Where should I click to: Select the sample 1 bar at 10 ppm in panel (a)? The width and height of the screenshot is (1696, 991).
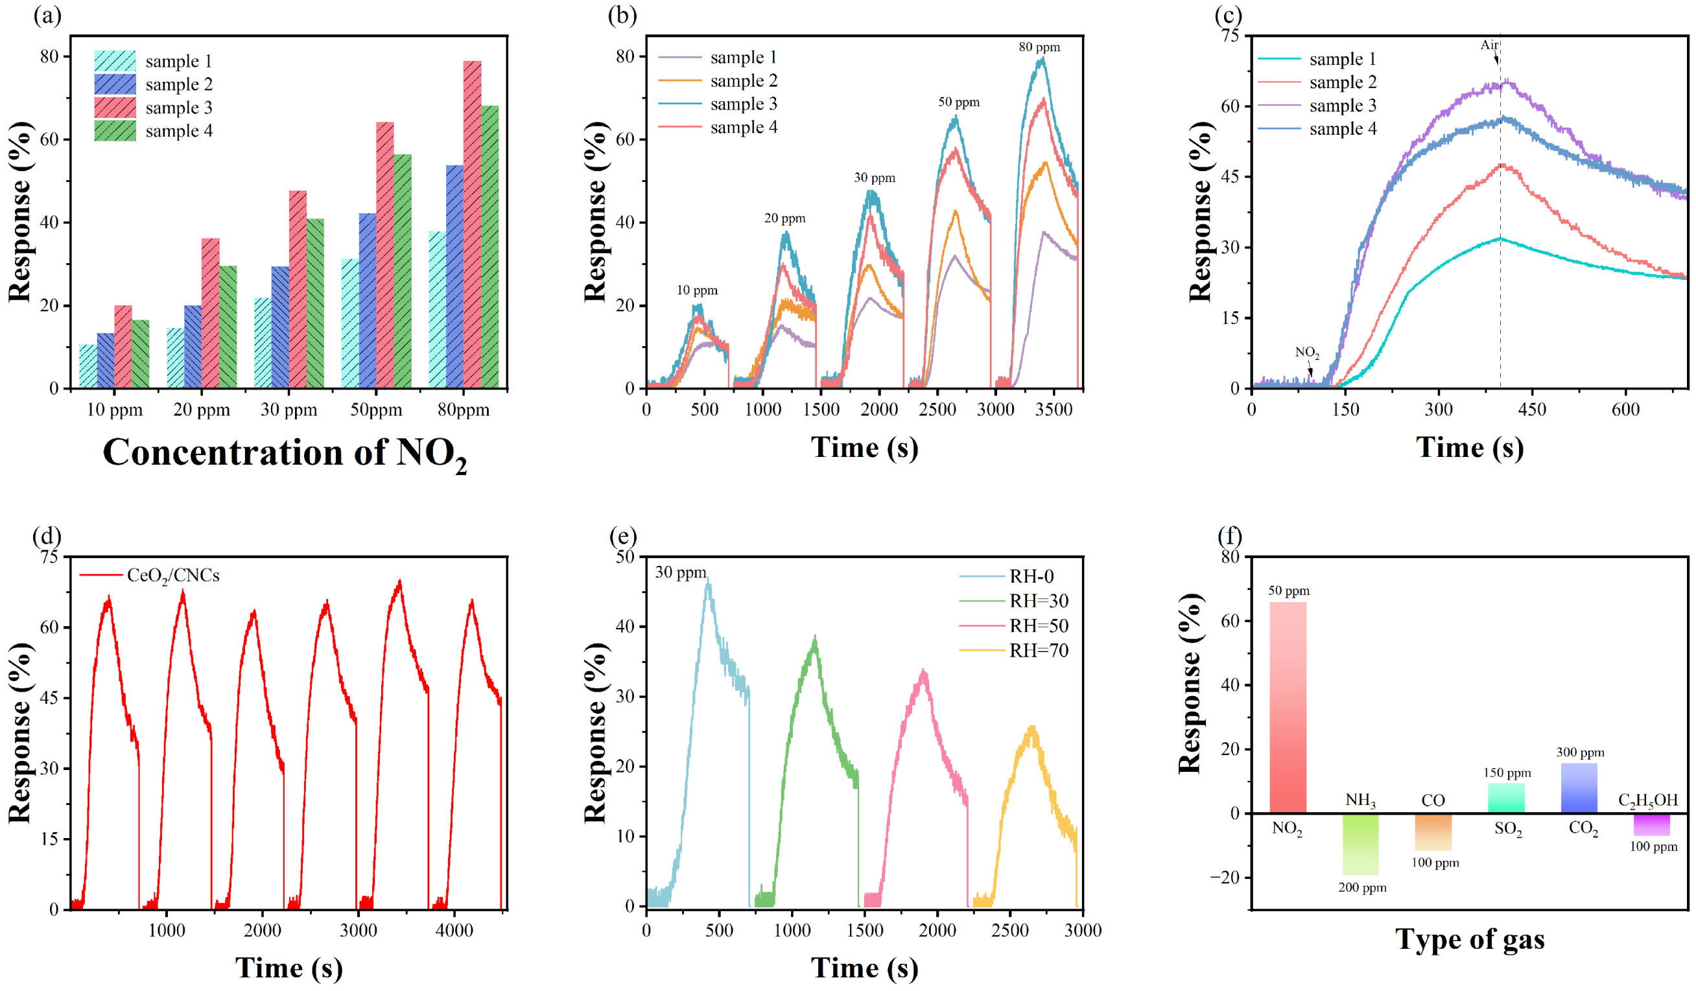coord(88,366)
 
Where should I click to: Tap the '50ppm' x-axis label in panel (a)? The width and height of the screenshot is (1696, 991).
coord(375,410)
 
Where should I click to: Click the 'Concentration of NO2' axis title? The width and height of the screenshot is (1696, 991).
coord(285,454)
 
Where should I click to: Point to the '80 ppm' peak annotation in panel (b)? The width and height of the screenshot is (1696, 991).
coord(1039,47)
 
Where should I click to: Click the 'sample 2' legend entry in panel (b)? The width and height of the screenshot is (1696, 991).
coord(743,81)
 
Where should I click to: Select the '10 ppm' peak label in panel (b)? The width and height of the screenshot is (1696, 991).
coord(696,290)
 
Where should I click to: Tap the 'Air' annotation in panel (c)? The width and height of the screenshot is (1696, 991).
coord(1488,45)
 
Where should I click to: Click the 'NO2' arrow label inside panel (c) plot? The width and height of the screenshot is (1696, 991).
coord(1306,352)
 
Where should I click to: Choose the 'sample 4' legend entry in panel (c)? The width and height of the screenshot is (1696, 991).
coord(1342,128)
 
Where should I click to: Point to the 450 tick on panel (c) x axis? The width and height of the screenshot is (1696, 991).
coord(1532,410)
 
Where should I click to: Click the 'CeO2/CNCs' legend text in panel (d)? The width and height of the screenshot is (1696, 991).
coord(173,576)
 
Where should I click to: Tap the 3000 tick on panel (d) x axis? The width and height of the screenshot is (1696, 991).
coord(358,931)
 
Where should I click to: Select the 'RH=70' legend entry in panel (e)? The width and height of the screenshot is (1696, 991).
coord(1038,651)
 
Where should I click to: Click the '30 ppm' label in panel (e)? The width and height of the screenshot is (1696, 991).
coord(681,572)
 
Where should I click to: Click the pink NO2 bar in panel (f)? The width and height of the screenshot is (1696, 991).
coord(1288,706)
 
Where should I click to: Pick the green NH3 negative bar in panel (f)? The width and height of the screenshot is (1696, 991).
coord(1360,844)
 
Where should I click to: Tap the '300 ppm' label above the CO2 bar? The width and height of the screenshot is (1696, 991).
coord(1579,752)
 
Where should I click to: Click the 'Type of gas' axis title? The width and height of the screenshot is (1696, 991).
coord(1469,939)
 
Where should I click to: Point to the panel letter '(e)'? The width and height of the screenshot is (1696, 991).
coord(622,536)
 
